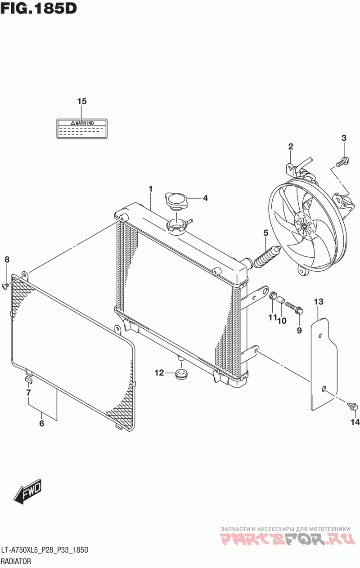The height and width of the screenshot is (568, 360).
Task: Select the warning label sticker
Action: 82,129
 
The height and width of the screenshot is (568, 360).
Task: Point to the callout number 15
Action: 82,102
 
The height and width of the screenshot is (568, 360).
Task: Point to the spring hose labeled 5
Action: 266,257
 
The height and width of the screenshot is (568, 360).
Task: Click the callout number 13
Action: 319,302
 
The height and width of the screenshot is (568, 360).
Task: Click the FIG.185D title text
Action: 39,9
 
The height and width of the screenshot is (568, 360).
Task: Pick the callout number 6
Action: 41,423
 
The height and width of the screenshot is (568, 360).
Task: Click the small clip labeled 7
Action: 28,380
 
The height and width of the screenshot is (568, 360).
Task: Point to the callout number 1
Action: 150,189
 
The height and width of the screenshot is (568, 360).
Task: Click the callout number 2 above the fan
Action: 291,146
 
